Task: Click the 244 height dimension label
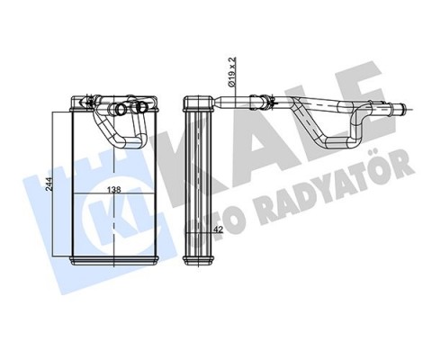(x=58, y=185)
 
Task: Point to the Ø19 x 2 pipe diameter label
(x=231, y=72)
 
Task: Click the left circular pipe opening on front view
(x=121, y=112)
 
